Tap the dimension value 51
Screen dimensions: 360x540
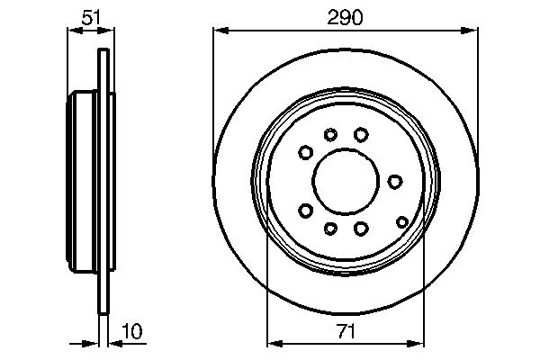point(90,15)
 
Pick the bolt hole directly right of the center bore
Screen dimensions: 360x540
point(394,182)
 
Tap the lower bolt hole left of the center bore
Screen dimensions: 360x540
point(306,211)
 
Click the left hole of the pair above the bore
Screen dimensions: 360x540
point(330,135)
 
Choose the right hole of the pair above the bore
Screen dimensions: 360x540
point(361,134)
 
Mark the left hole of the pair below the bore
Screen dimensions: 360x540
point(330,228)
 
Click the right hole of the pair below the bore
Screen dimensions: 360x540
point(361,228)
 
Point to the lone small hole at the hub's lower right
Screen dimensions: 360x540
point(401,220)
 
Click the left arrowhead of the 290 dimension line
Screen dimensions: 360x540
point(219,29)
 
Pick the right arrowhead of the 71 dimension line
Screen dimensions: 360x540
point(417,343)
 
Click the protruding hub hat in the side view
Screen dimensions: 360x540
point(83,180)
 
